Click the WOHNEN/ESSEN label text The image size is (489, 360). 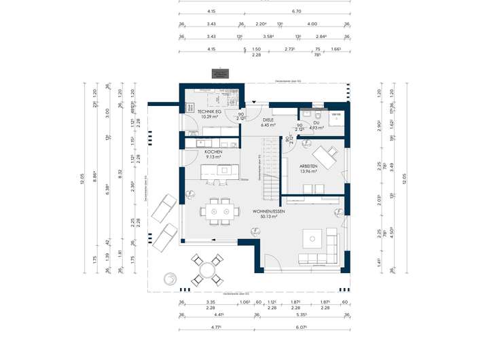(268, 212)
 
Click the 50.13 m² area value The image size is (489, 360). (268, 217)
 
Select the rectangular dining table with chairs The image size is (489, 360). (219, 212)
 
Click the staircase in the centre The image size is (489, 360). (271, 170)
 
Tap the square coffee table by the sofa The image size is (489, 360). (313, 237)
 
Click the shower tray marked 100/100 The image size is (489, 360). (335, 116)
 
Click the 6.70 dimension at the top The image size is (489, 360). (296, 12)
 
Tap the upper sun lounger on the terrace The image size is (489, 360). (163, 206)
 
